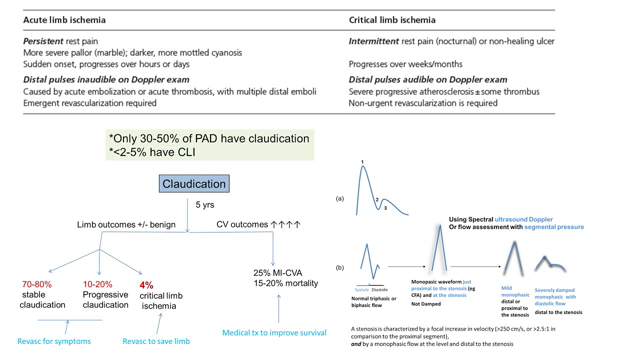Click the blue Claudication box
coord(194,184)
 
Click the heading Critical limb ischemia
coord(392,20)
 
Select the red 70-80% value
coord(37,284)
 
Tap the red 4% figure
coord(146,284)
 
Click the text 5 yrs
coord(204,205)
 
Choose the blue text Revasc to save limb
coord(155,341)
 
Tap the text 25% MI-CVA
coord(281,272)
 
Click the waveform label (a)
coord(340,198)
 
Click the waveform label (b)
coord(340,267)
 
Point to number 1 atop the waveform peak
coord(362,163)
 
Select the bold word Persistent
coord(47,41)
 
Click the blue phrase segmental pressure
coord(553,227)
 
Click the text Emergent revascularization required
coord(89,103)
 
